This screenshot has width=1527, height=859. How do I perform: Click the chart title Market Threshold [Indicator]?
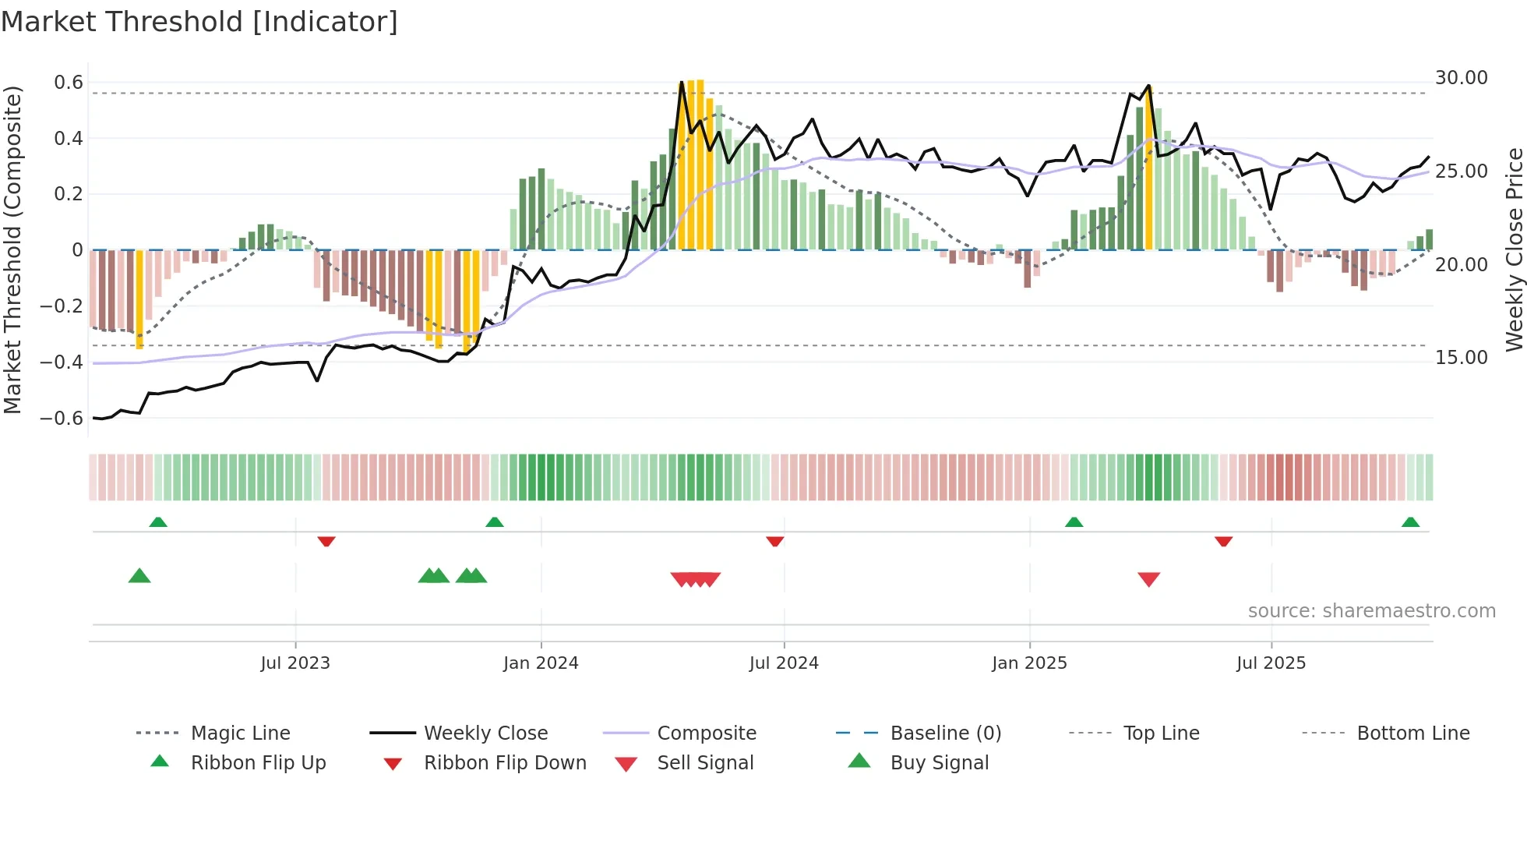(x=199, y=22)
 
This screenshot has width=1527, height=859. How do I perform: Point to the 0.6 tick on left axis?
(x=69, y=83)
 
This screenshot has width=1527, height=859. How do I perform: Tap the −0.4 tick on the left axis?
(x=62, y=362)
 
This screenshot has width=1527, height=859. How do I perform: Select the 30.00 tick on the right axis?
(x=1461, y=78)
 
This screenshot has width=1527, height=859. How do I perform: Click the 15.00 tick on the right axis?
(x=1461, y=358)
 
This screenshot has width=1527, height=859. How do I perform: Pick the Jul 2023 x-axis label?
(x=295, y=663)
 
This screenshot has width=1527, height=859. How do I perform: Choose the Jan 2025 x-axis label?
(x=1029, y=663)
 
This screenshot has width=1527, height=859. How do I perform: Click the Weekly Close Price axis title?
(x=1514, y=249)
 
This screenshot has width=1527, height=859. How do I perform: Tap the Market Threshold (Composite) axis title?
(x=12, y=249)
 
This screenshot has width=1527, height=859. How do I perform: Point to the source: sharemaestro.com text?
(x=1371, y=611)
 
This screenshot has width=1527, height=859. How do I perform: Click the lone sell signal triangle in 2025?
(x=1148, y=578)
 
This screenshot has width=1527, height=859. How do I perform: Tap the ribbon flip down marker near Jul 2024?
(x=774, y=541)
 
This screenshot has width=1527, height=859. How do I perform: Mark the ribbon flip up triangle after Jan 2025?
(x=1074, y=522)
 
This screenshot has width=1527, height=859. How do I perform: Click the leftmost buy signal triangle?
(x=139, y=576)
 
